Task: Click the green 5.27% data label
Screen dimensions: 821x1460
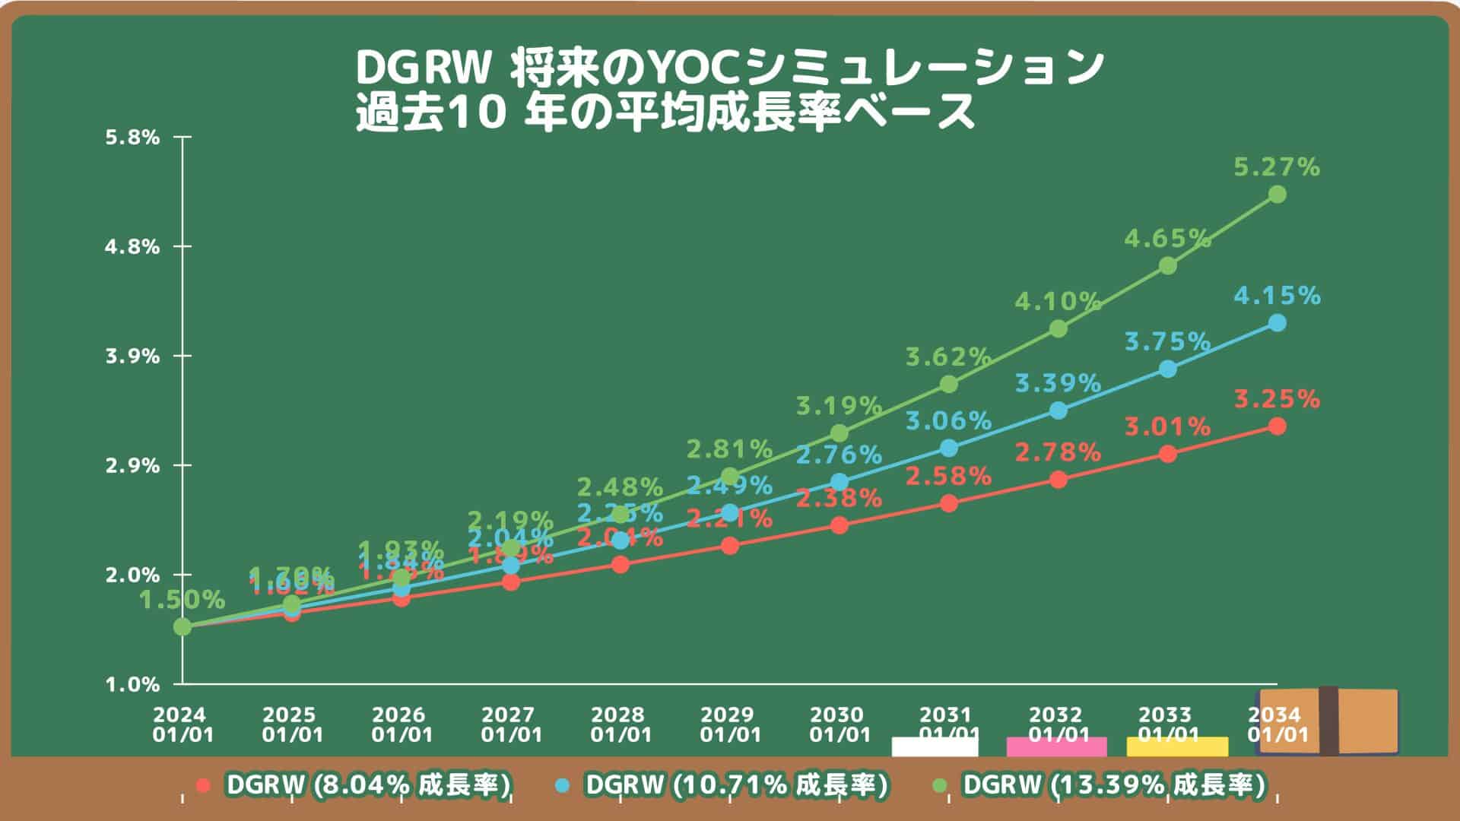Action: point(1276,167)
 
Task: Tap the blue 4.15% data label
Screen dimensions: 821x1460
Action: point(1276,296)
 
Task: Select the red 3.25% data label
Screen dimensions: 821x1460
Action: point(1276,399)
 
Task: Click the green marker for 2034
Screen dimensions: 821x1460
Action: point(1277,195)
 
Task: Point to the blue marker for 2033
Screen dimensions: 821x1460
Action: point(1168,369)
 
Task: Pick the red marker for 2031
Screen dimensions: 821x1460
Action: point(949,503)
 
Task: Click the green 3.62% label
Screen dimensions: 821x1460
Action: point(947,357)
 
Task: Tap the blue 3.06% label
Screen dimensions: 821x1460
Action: point(948,420)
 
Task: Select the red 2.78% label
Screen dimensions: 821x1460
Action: point(1058,453)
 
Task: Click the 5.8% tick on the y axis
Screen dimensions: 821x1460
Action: point(132,138)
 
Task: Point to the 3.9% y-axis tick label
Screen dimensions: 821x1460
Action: point(132,357)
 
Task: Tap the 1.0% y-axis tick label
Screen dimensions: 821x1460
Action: point(132,685)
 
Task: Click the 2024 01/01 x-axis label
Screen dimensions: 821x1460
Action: point(182,725)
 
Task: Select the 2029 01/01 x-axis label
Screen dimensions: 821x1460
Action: point(730,725)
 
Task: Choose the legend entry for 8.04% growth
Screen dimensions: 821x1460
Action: point(365,785)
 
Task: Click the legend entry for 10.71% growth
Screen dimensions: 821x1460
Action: point(734,785)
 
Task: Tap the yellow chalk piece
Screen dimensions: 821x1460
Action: point(1177,747)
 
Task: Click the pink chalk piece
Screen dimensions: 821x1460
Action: point(1056,747)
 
